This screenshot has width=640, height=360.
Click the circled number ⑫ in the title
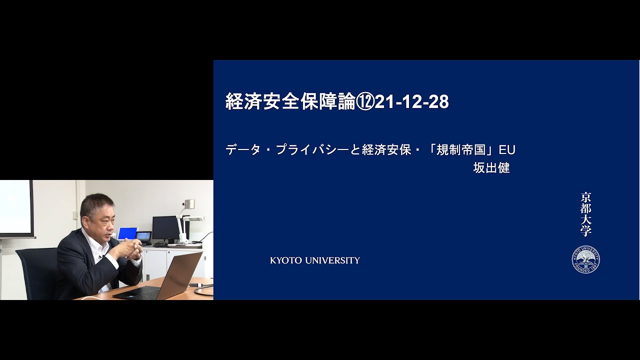pos(364,101)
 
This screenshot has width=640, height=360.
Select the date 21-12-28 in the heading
pos(411,101)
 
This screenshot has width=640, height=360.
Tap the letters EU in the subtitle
pos(507,150)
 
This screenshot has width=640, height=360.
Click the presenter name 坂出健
pos(491,168)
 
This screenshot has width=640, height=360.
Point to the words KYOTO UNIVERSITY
pos(315,260)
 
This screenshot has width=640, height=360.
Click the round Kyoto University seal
pos(585,259)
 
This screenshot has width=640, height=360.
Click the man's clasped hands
pos(133,248)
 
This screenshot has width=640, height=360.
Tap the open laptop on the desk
pos(160,278)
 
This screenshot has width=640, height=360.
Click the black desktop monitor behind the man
pos(165,228)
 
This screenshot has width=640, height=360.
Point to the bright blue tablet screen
pos(127,233)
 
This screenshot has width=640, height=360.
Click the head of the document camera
pos(189,204)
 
